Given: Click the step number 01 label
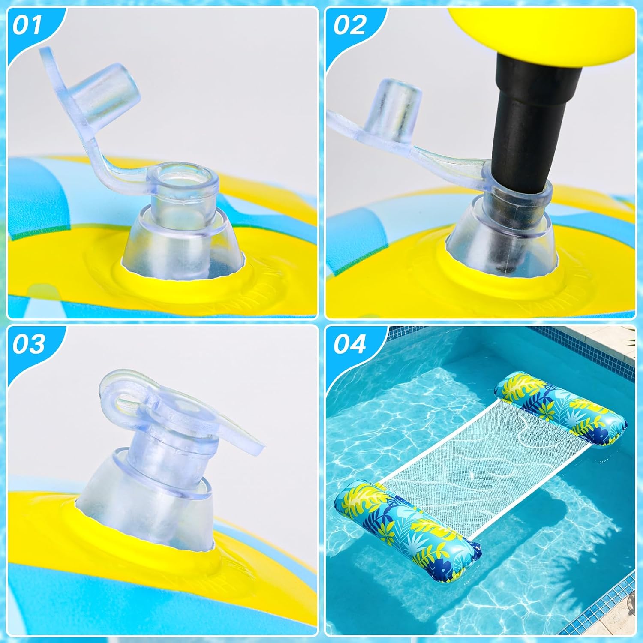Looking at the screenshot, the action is pyautogui.click(x=27, y=25).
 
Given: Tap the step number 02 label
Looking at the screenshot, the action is pyautogui.click(x=349, y=25).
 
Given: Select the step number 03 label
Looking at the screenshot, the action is pyautogui.click(x=28, y=344).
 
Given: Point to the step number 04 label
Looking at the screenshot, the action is pyautogui.click(x=350, y=344).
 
